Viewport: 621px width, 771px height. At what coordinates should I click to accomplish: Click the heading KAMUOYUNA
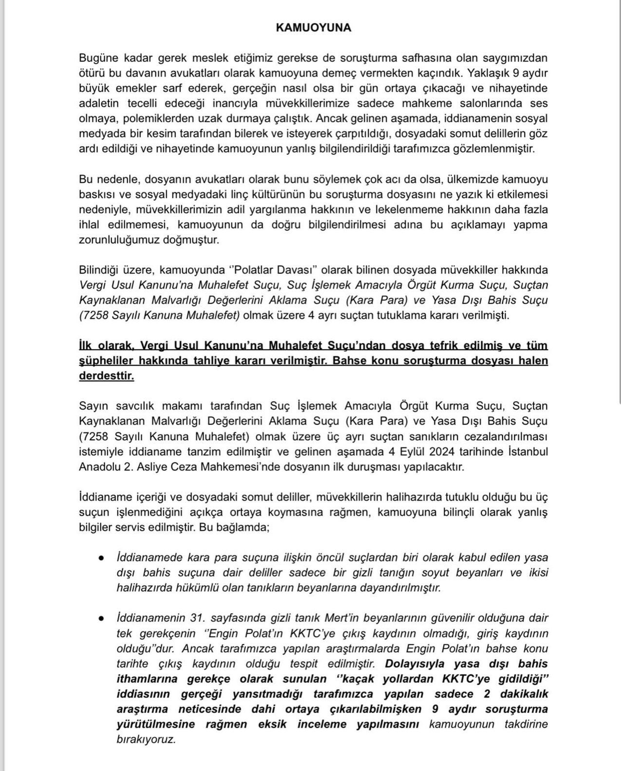click(313, 28)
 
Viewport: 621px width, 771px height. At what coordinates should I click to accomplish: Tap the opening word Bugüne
click(98, 58)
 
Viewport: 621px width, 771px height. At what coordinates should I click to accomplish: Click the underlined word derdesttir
click(106, 376)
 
